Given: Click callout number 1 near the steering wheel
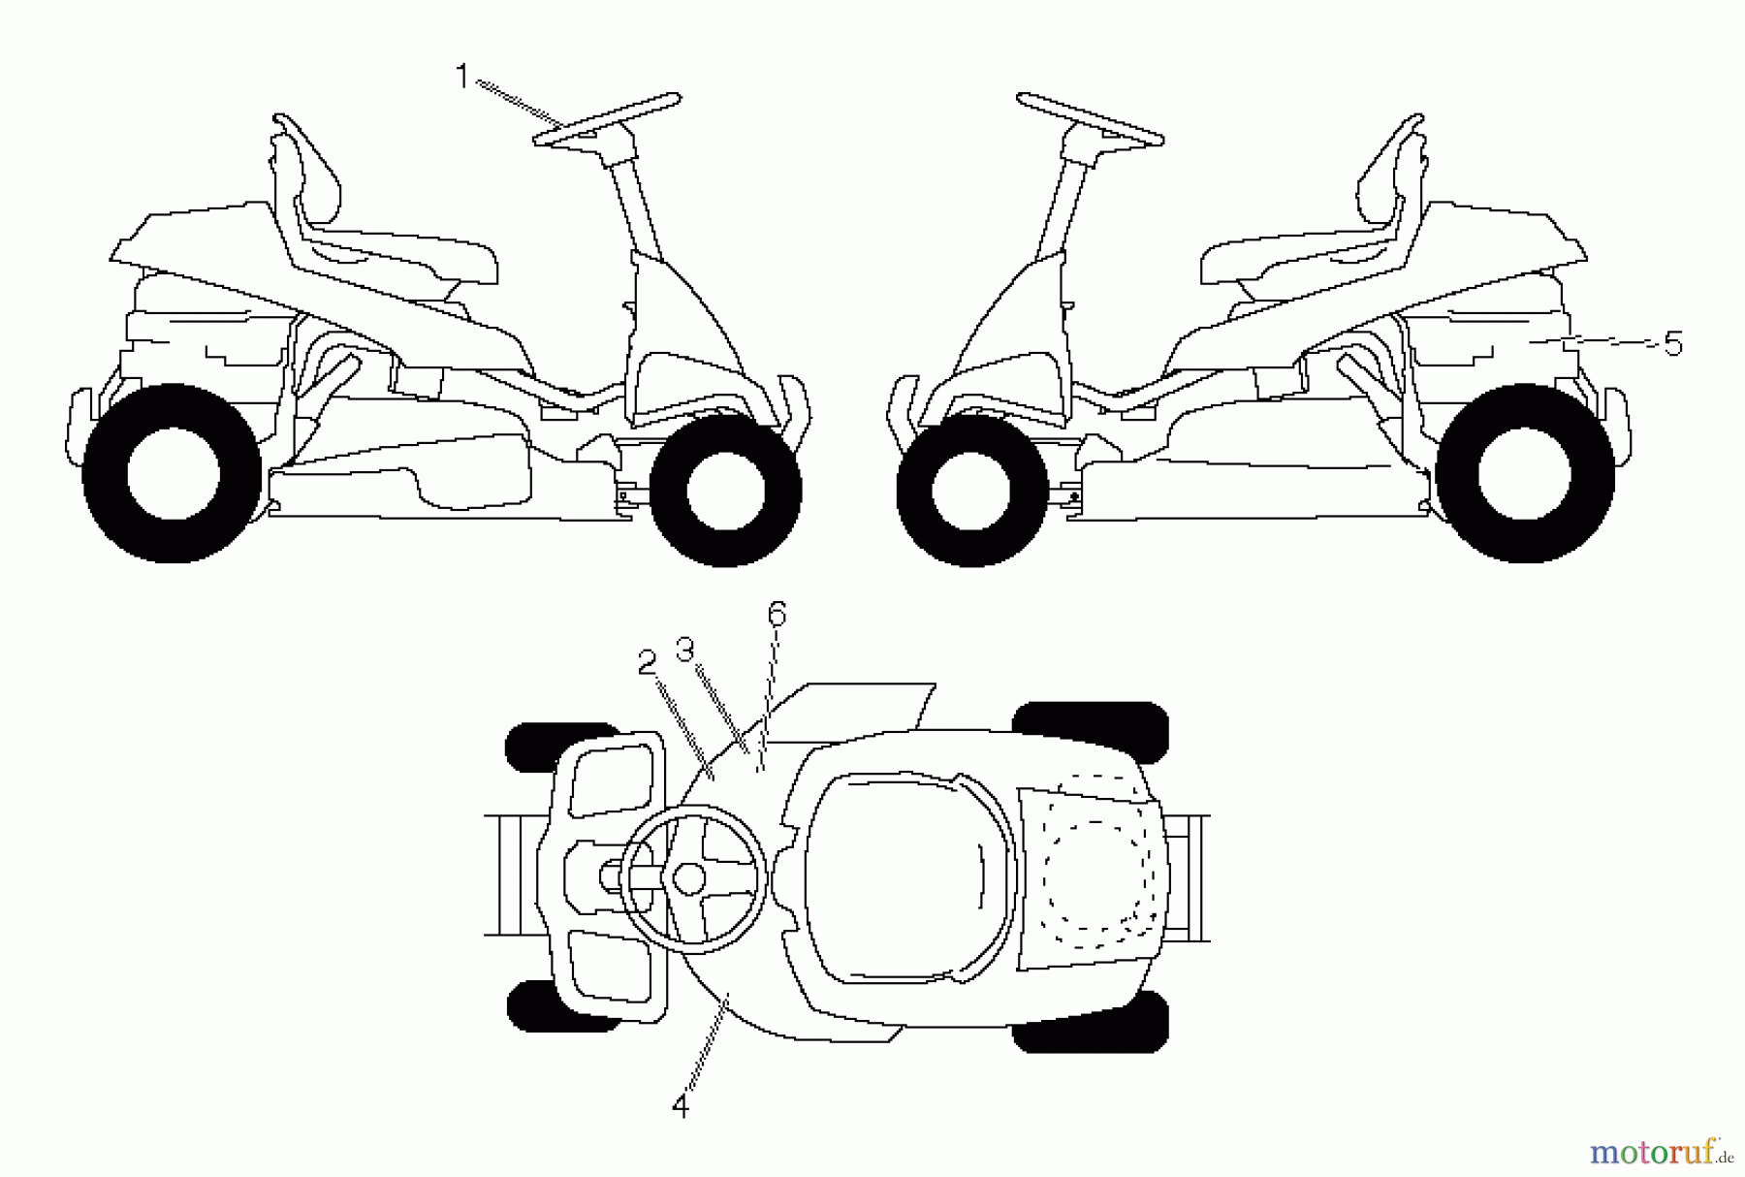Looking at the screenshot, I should pos(462,76).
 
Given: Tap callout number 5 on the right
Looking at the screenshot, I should pos(1672,343).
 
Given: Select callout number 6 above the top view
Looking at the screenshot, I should pos(777,614).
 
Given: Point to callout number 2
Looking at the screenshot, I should pos(647,661).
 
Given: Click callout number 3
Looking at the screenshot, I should pos(685,649).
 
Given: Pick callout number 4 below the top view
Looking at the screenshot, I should pos(681,1106).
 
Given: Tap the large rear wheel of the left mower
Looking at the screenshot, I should pos(173,474).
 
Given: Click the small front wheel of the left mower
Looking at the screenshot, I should pos(724,490).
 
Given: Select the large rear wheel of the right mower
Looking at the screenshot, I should pos(1524,474).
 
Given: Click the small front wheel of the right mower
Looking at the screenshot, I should pos(971,490).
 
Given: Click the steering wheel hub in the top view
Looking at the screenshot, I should pos(689,878).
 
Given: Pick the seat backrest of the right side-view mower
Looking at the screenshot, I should pos(1386,175).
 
